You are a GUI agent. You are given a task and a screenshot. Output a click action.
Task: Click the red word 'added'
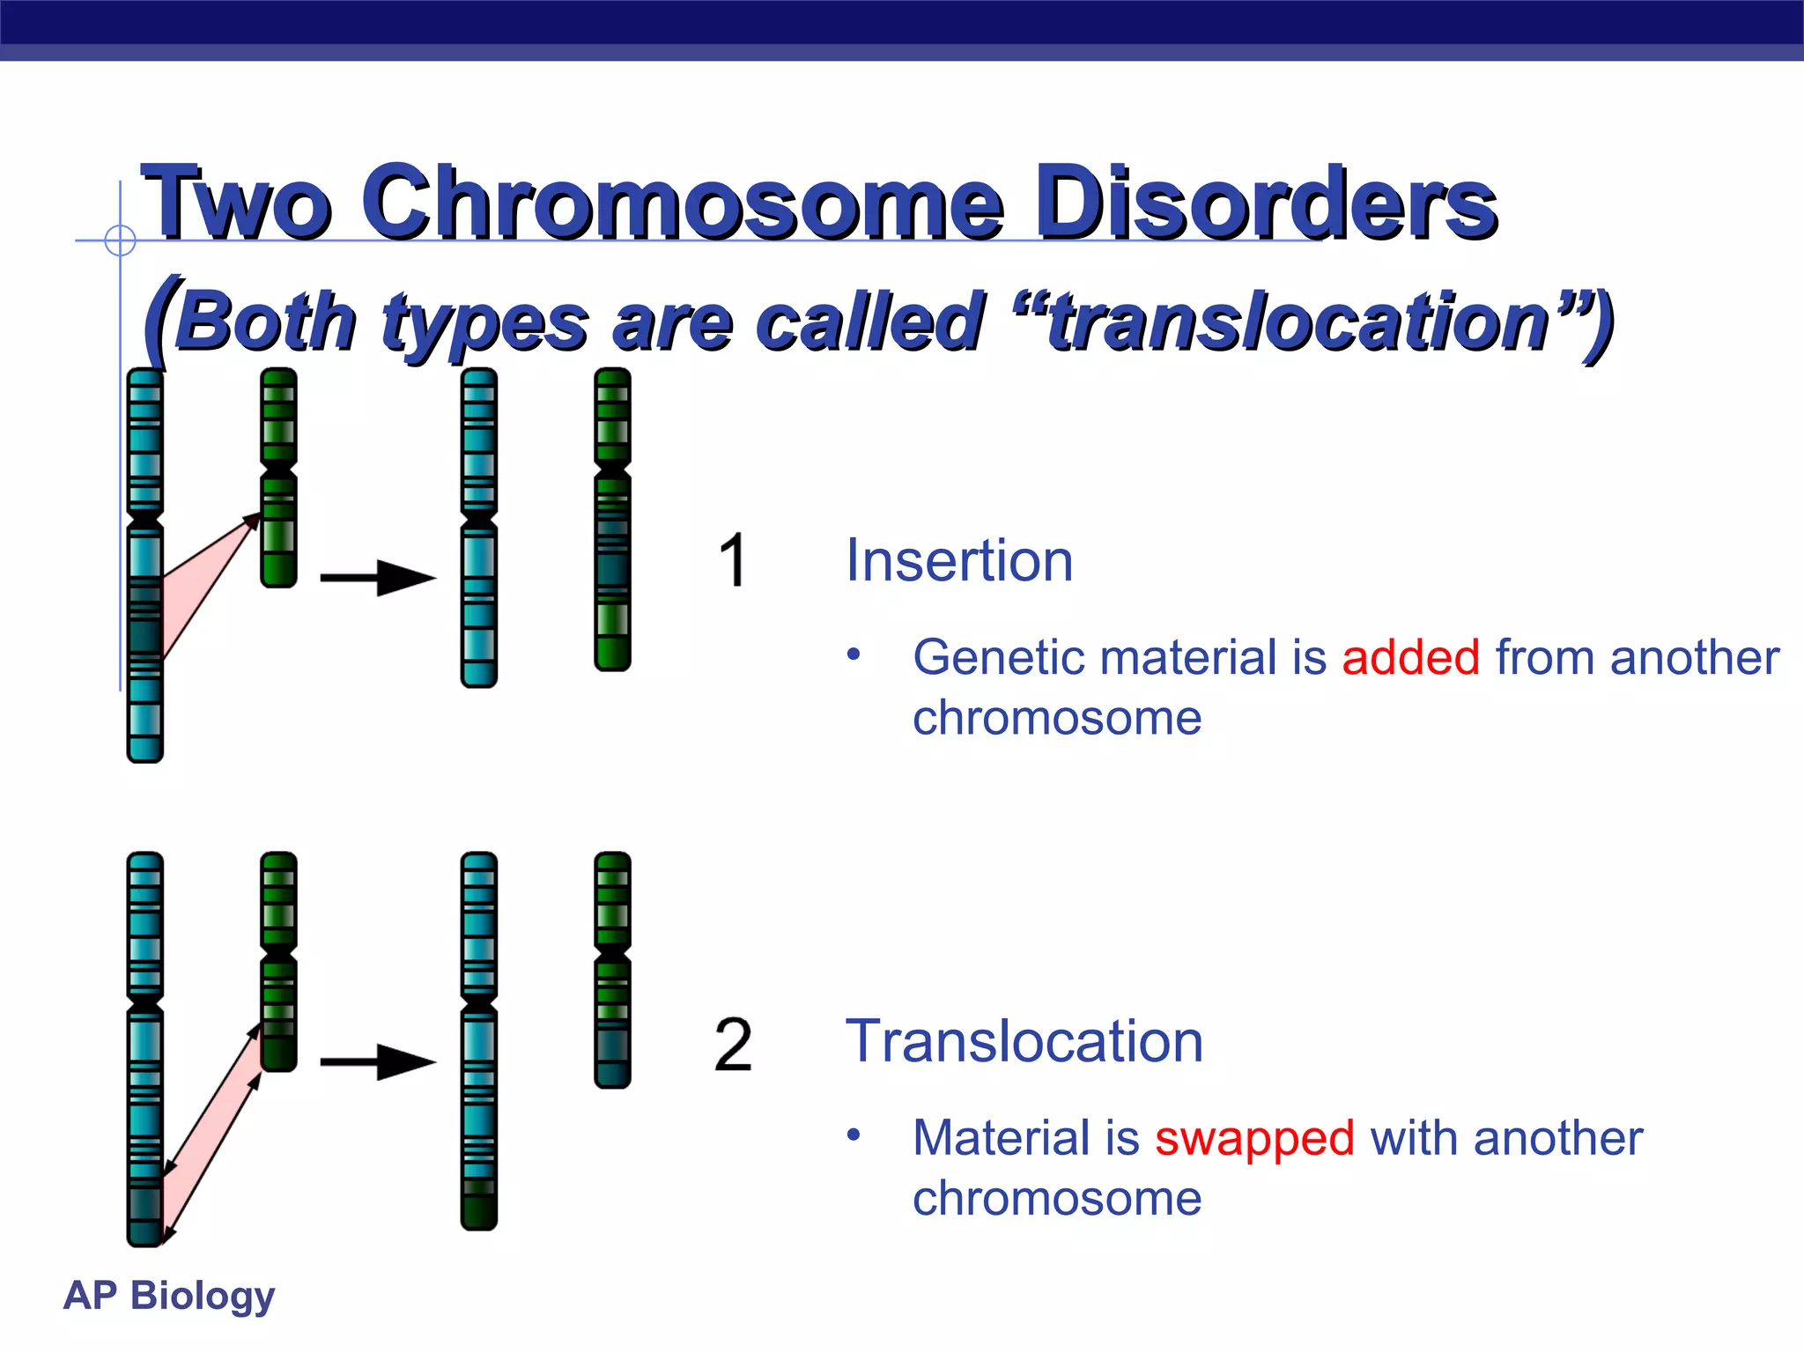(1409, 658)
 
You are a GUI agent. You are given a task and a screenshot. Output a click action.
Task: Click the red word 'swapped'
(1254, 1138)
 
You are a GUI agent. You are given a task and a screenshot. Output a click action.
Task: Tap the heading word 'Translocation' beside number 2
(1024, 1041)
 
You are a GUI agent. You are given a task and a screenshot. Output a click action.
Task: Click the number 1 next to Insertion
(732, 560)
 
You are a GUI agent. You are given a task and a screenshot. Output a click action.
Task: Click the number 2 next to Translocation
(733, 1045)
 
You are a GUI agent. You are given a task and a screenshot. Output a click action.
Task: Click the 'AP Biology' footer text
(169, 1296)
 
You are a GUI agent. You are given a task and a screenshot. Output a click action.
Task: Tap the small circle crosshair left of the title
(120, 240)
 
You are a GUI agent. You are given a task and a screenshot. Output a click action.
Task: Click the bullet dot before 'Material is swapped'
(853, 1135)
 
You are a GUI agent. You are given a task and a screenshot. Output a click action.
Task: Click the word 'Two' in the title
(236, 204)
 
